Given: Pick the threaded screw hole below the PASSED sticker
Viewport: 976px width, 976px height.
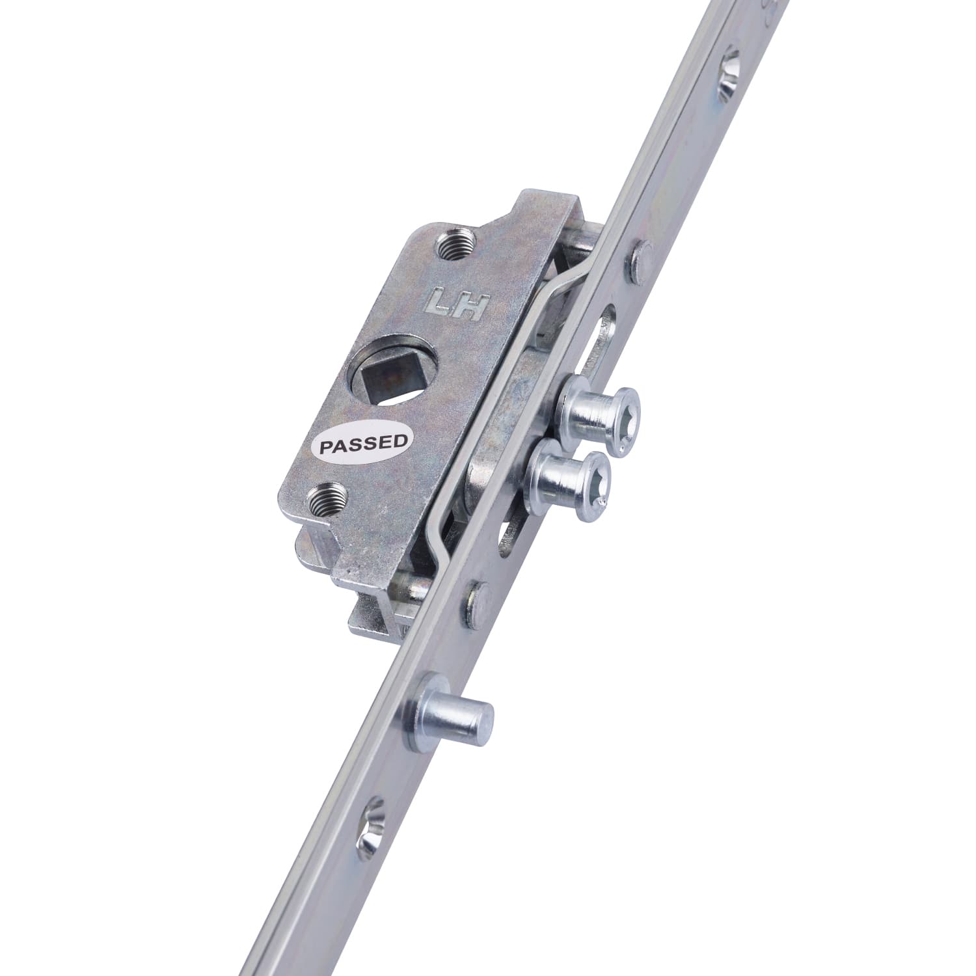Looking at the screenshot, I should [x=327, y=498].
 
